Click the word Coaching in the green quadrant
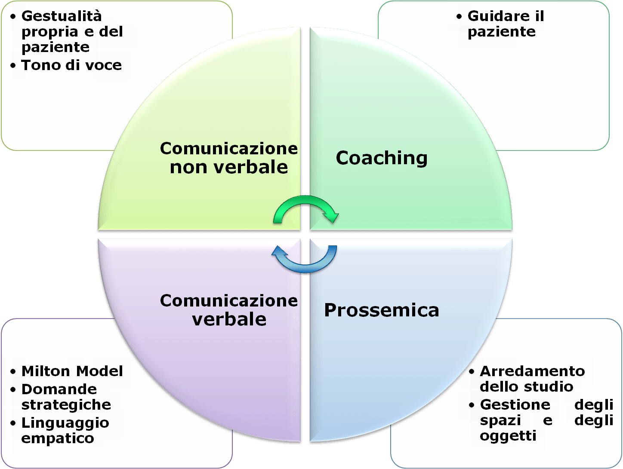pos(382,158)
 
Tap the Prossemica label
pos(382,310)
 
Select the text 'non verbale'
pos(229,167)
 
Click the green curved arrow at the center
pos(306,208)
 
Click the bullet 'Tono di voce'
pos(71,65)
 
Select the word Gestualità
pos(62,16)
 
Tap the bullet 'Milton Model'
pos(72,371)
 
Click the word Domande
pos(59,389)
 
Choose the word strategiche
pos(66,405)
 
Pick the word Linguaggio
pos(65,423)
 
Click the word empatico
pos(58,438)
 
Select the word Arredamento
pos(532,371)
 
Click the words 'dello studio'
pos(526,386)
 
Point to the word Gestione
pos(515,405)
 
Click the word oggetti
pos(508,436)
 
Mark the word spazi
pos(500,420)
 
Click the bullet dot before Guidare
pos(459,17)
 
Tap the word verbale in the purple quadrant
pos(229,319)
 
